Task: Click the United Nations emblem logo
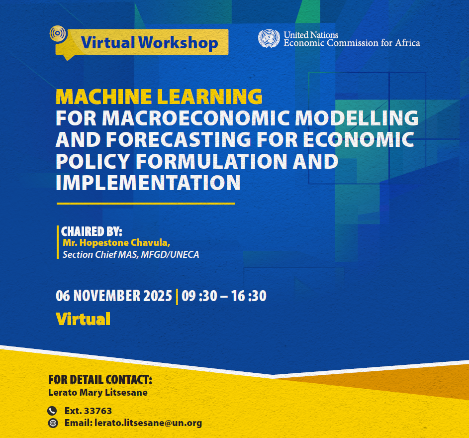269,39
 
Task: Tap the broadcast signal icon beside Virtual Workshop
58,34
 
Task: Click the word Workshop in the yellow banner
179,43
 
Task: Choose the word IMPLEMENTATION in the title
148,183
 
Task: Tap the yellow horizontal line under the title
145,204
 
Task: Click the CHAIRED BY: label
92,232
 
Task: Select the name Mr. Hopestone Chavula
116,243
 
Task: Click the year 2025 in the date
157,296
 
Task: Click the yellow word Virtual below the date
83,319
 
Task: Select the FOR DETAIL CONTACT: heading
100,380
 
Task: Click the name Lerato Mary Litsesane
98,392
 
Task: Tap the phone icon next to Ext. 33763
52,411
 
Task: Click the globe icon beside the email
52,424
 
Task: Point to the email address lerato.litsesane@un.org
145,424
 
